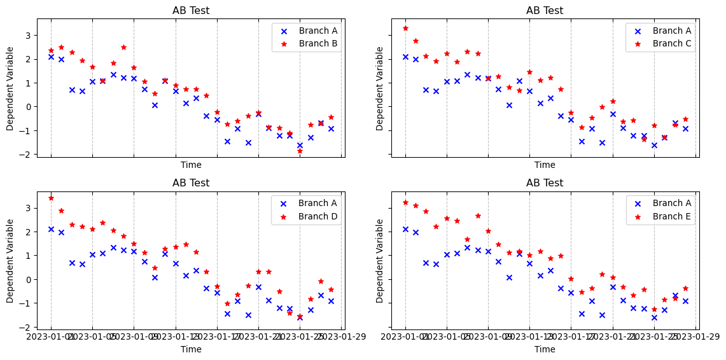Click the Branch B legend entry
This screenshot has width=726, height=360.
[x=318, y=44]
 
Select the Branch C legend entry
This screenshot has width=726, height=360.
[x=671, y=44]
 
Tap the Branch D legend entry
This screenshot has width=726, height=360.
[x=318, y=216]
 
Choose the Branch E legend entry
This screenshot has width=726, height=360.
[x=671, y=216]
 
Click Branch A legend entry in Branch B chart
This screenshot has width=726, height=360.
[x=318, y=31]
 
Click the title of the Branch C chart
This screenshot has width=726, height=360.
[x=544, y=11]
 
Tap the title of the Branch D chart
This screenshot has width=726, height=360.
[x=191, y=183]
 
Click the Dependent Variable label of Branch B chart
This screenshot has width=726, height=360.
[x=11, y=88]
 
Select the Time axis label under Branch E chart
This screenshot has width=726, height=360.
[x=544, y=349]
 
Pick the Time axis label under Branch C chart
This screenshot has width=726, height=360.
[x=544, y=165]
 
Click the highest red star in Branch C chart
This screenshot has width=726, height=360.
[x=405, y=28]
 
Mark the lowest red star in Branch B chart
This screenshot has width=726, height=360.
[x=300, y=151]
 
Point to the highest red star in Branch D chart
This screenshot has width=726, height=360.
[x=51, y=198]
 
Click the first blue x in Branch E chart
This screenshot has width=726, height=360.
[x=405, y=229]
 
